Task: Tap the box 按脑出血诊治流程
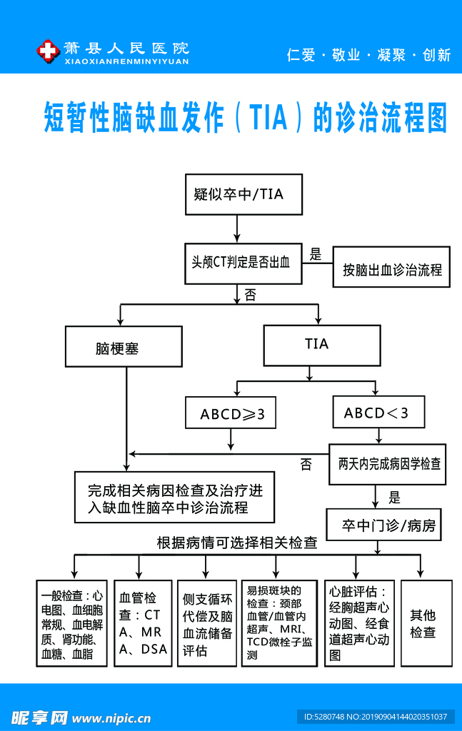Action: point(391,269)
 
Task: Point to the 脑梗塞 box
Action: point(123,348)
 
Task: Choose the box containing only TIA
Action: point(321,345)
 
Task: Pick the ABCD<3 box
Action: point(378,413)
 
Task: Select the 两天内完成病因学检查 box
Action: point(389,464)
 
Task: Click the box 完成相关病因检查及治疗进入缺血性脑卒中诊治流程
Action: point(175,500)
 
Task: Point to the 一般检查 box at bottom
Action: point(72,623)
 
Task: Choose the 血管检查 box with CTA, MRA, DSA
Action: point(143,623)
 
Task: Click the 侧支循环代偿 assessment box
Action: point(206,623)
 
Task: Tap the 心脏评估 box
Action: point(359,623)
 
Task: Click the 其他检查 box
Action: point(426,623)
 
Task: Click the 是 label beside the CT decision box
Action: point(315,253)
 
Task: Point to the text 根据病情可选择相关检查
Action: point(236,543)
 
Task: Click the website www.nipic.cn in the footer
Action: point(112,717)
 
